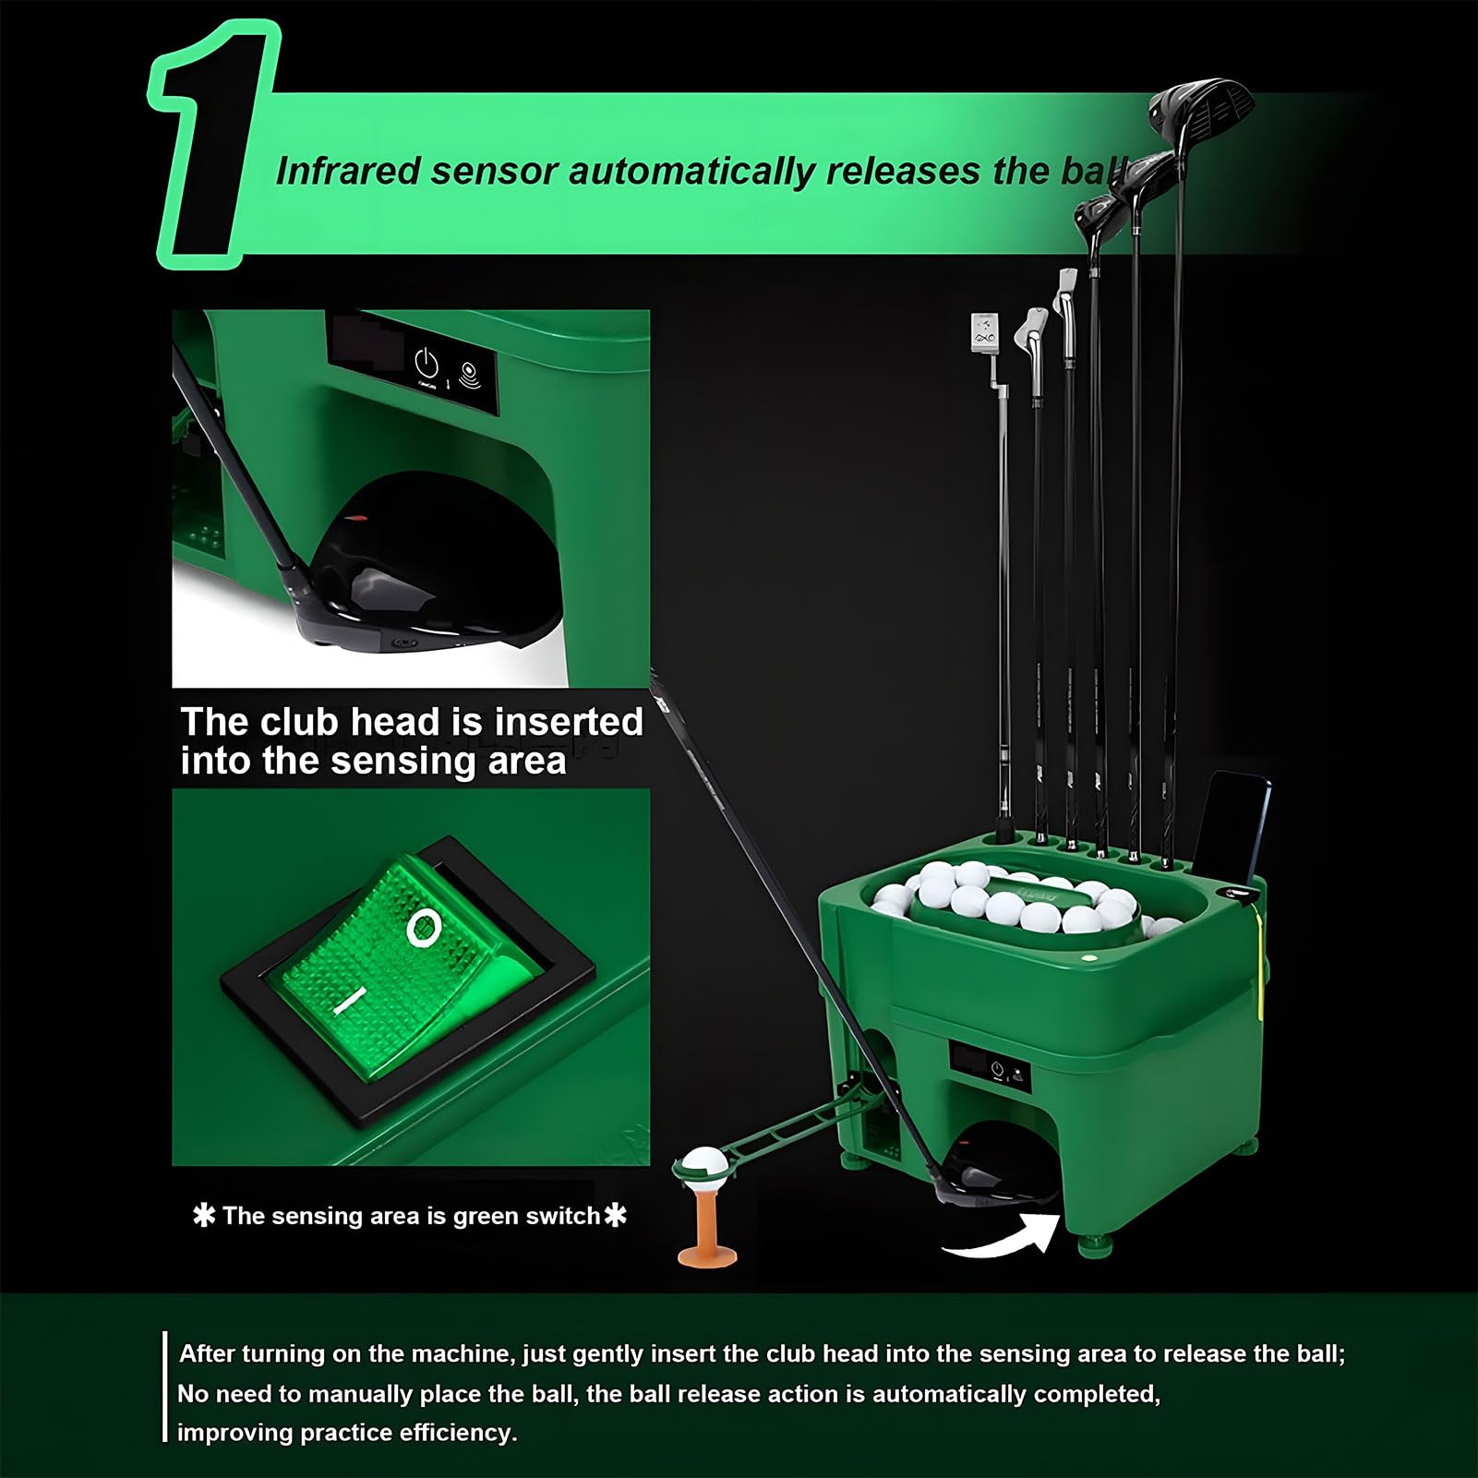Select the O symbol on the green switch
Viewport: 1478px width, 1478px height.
click(423, 927)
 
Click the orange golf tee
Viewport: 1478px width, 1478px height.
click(707, 1228)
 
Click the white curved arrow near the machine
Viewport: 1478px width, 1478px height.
click(1001, 1237)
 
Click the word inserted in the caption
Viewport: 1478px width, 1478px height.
click(569, 722)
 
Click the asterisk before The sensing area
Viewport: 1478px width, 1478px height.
click(203, 1216)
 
